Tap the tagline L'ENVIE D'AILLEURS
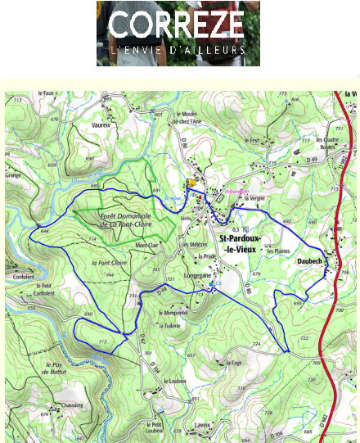(178, 50)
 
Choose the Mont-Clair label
(146, 245)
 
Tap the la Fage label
(232, 361)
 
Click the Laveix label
(203, 425)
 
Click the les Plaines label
(279, 251)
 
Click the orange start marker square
(191, 183)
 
